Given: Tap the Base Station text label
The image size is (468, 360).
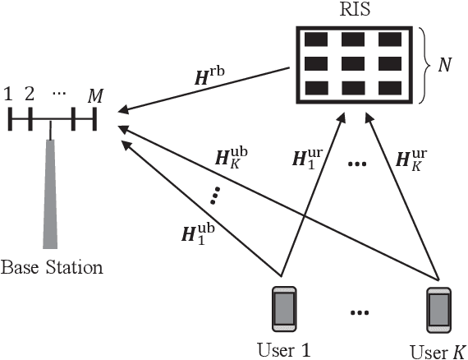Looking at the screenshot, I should pyautogui.click(x=52, y=267).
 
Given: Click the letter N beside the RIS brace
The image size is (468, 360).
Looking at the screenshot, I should pyautogui.click(x=445, y=63).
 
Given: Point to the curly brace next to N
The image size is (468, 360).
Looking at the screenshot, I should pyautogui.click(x=421, y=63).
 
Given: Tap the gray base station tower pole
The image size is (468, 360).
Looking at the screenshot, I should pyautogui.click(x=52, y=193).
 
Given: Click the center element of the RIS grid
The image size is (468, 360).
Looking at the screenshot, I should pyautogui.click(x=353, y=63).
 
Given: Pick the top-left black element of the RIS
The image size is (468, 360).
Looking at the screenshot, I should pyautogui.click(x=316, y=39).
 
